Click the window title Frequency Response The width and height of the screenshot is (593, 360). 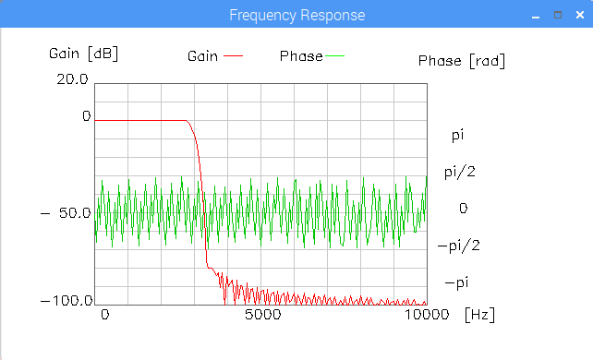coord(296,15)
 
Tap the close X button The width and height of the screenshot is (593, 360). coord(580,15)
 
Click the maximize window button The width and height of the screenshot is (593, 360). coord(558,15)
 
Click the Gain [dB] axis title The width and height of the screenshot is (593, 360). coord(83,54)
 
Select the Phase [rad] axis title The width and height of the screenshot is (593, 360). coord(462,61)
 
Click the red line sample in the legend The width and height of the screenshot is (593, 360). coord(233,56)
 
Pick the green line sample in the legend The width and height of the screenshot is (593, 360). coord(334,56)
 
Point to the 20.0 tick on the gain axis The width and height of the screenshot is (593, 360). coord(72,79)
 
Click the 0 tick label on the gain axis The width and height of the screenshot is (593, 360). coord(87,116)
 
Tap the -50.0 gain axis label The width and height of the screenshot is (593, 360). coord(66,213)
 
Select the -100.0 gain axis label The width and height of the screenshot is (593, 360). coord(67,301)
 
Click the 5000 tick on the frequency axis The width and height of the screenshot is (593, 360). coord(263,314)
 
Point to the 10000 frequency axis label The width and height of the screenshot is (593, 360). coord(427,314)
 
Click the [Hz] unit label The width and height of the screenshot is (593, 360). coord(480,314)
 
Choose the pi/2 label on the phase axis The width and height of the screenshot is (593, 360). coord(459,173)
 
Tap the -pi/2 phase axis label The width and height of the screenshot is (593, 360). coord(459,246)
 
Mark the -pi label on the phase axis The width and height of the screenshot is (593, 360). coord(456,282)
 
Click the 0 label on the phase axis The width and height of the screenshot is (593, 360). coord(464,208)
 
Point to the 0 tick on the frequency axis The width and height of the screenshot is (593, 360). coord(105,314)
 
